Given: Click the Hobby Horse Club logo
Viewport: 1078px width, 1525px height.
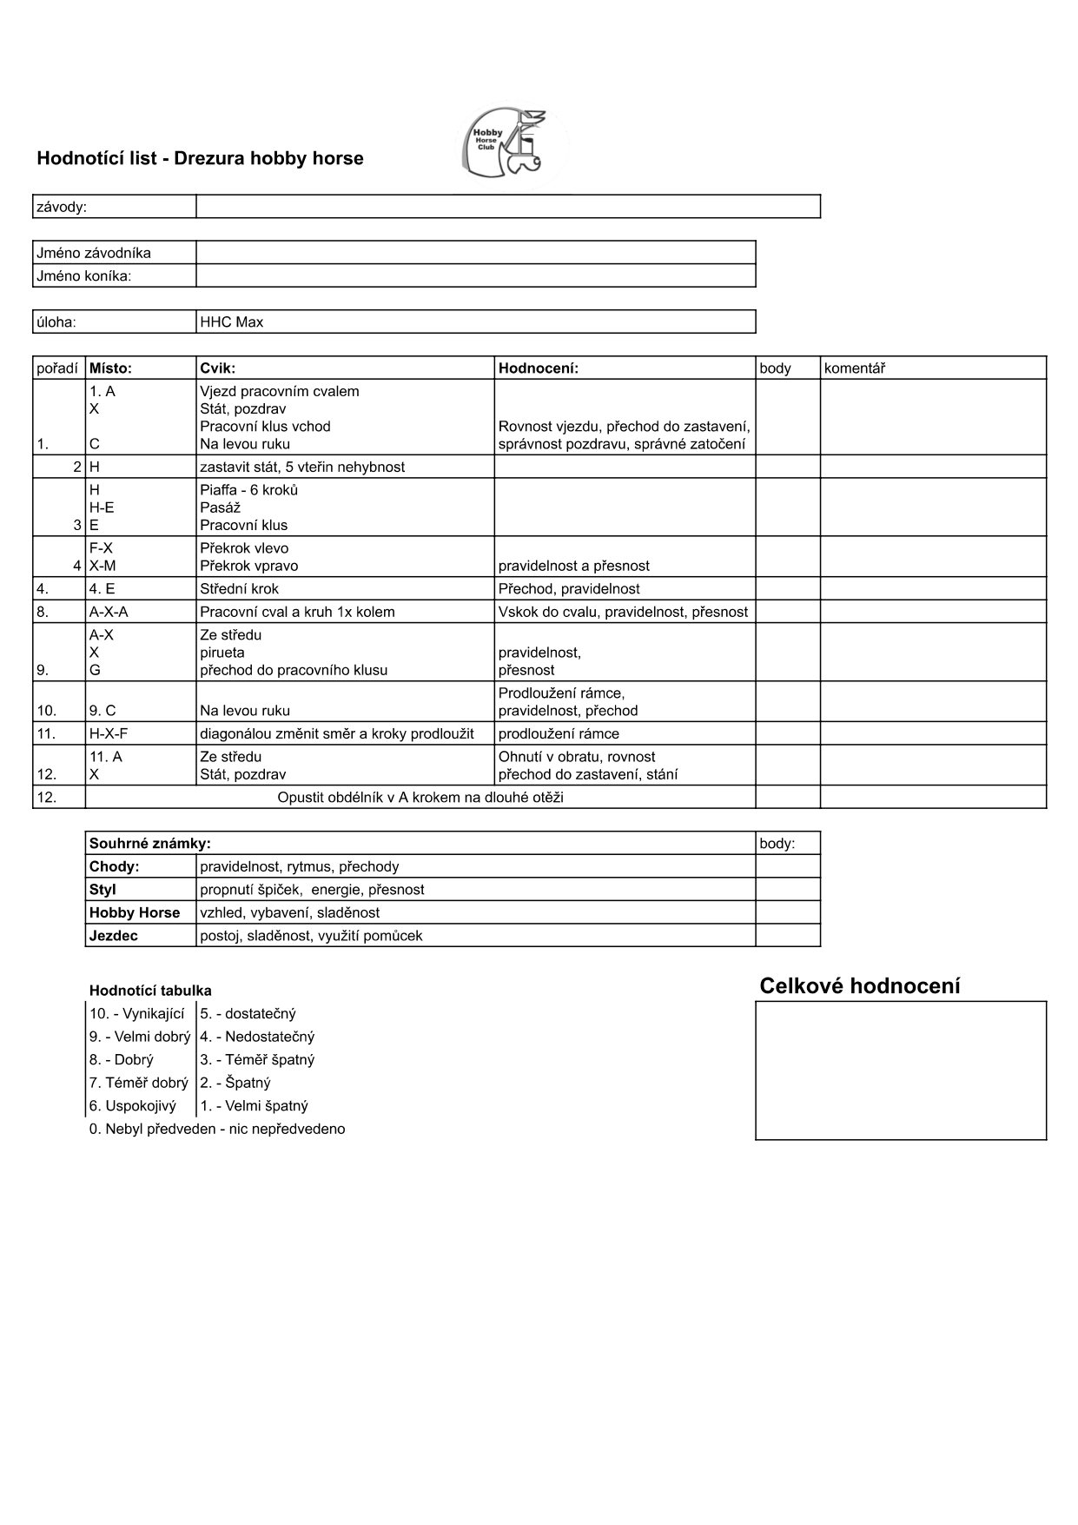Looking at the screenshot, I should [x=512, y=144].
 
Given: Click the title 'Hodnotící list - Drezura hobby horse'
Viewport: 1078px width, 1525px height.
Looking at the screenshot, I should [x=200, y=158].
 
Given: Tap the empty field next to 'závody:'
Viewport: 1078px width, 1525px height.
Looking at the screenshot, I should [x=508, y=207].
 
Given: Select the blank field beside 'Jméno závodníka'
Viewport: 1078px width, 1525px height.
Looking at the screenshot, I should [x=475, y=253].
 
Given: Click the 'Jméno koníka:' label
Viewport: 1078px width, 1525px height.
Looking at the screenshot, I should [x=84, y=276].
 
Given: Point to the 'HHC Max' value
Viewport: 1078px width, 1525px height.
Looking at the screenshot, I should [x=232, y=322].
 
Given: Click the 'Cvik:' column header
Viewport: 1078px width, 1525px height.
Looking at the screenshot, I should [x=218, y=368].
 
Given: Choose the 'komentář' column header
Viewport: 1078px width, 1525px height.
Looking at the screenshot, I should [x=855, y=368].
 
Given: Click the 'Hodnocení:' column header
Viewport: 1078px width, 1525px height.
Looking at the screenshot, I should [x=539, y=368].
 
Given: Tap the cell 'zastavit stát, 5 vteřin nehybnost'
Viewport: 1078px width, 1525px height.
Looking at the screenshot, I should [x=302, y=467].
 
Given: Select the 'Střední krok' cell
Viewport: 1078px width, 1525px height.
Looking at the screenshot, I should [x=240, y=589].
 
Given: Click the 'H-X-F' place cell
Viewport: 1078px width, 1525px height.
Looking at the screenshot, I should [x=109, y=734].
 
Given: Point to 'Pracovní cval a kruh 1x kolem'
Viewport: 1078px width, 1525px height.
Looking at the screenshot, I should [x=297, y=612].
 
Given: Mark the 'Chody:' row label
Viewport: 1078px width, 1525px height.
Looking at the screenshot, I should [x=115, y=866].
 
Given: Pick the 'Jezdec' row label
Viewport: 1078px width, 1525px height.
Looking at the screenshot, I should [x=114, y=936].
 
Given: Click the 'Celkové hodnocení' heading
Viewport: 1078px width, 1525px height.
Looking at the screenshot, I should [x=860, y=986].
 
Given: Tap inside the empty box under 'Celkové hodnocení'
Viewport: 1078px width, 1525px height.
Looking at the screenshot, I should [x=901, y=1071].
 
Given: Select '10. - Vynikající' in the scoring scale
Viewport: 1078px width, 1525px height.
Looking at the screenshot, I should [x=137, y=1014].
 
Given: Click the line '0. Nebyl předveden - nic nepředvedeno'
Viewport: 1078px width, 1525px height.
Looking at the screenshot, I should [x=217, y=1130].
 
